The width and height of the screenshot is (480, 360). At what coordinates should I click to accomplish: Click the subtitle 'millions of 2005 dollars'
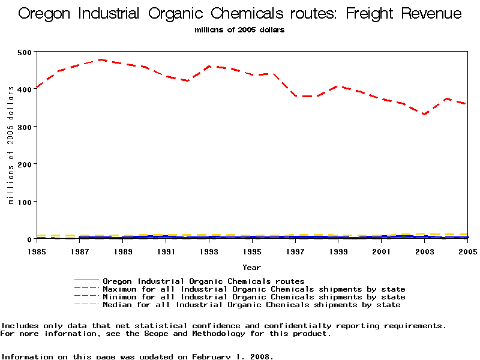click(x=240, y=29)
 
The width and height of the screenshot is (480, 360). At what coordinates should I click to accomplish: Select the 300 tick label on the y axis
click(x=25, y=127)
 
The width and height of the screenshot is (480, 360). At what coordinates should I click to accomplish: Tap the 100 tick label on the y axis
click(x=25, y=202)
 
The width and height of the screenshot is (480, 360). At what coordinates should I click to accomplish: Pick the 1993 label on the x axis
click(x=209, y=251)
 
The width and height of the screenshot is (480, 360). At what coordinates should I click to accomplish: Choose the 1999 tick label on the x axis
click(x=338, y=251)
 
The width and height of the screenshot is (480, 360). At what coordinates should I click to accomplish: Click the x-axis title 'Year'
click(x=251, y=267)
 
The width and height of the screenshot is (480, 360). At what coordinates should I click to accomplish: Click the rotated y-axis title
click(x=11, y=145)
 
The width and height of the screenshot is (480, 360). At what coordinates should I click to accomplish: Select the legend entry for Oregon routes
click(x=203, y=281)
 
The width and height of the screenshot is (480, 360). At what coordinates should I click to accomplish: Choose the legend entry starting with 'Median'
click(x=251, y=305)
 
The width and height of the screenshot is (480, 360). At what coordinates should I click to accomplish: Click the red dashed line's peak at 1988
click(x=101, y=60)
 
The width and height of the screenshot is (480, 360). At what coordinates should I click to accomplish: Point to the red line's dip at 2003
click(x=424, y=114)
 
